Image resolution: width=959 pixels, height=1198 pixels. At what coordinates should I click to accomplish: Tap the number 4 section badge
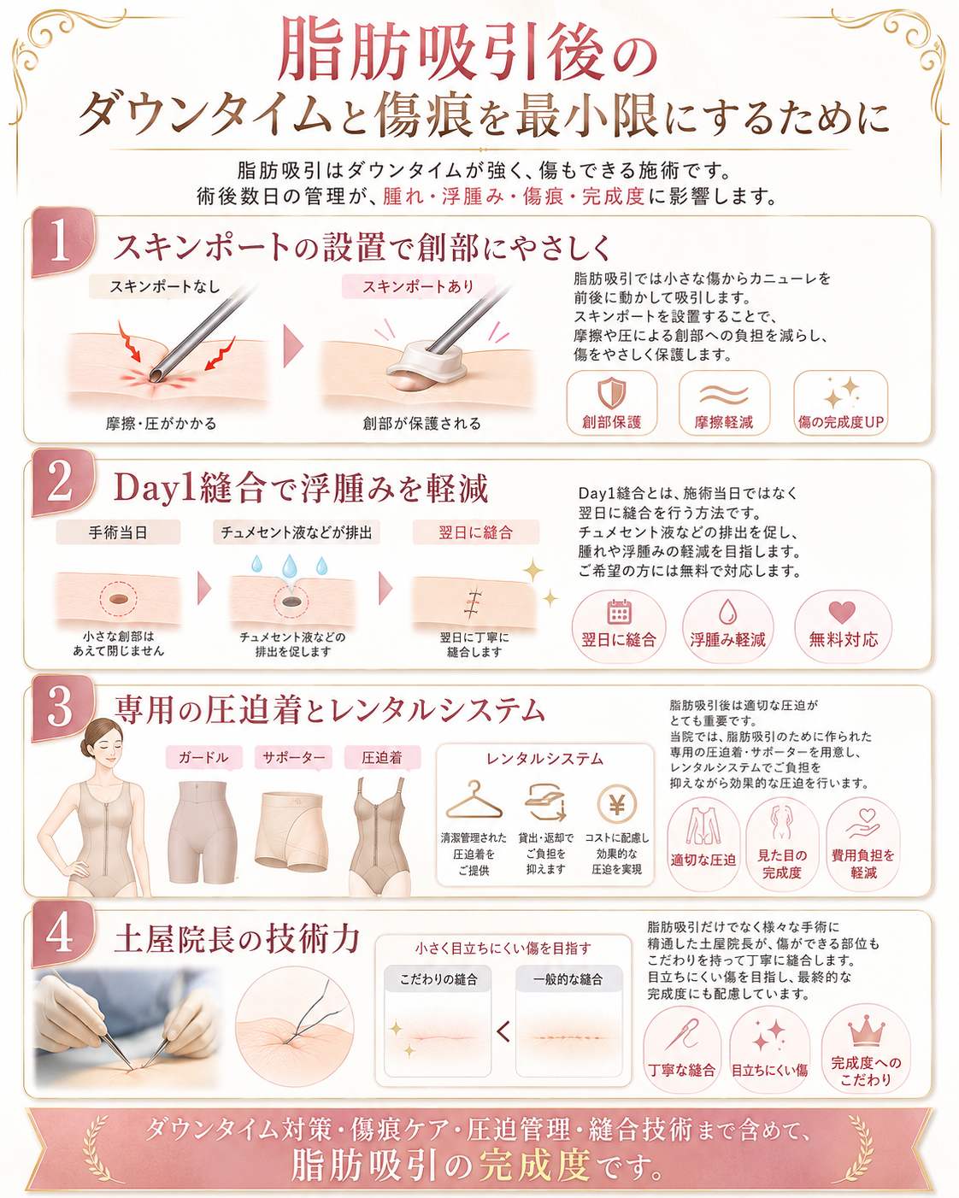point(62,934)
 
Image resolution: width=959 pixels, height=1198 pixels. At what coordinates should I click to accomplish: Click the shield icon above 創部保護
point(611,393)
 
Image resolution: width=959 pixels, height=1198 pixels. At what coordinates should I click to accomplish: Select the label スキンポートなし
point(165,287)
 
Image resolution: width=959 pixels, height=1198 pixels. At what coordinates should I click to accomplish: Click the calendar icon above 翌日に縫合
point(619,612)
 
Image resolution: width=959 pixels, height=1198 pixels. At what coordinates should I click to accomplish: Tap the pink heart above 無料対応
point(842,613)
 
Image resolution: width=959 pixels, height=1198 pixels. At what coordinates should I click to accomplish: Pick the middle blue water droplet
point(289,567)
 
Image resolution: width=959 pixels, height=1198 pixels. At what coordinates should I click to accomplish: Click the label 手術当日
point(118,532)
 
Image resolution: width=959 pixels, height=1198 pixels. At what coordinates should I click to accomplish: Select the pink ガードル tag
point(203,758)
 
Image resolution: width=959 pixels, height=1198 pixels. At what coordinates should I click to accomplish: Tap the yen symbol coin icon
point(617,803)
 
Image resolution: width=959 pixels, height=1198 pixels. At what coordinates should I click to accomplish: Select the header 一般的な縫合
point(568,980)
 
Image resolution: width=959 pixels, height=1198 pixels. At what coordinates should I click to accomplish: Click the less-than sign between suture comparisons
point(503,1033)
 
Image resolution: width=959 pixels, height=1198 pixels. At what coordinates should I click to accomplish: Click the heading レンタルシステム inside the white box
point(544,759)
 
